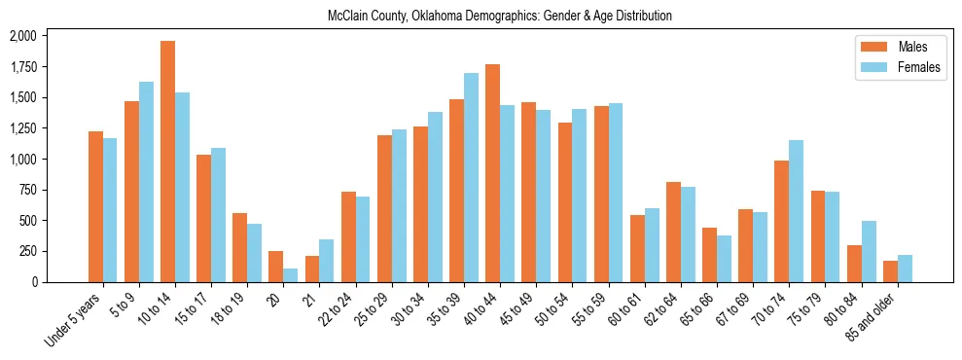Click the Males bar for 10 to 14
coord(167,162)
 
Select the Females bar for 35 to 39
coord(471,177)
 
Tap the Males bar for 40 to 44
coord(492,173)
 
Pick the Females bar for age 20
coord(291,275)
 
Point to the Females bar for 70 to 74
coord(796,211)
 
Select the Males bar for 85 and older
coord(890,271)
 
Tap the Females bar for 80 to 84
coord(868,251)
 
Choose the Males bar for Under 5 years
coord(95,206)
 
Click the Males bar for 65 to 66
coord(709,255)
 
